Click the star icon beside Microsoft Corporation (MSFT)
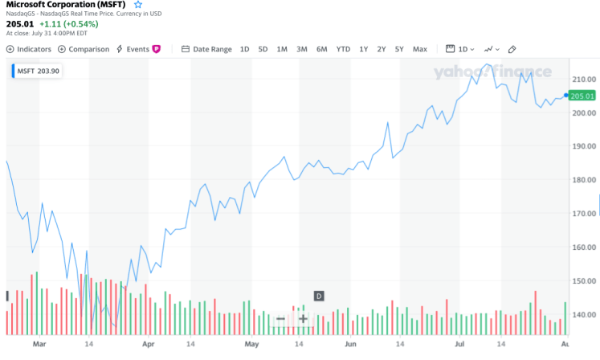tap(137, 5)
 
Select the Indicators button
tap(30, 49)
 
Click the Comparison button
tap(84, 49)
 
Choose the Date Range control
tap(206, 49)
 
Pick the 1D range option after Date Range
tap(245, 49)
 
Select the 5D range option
tap(263, 49)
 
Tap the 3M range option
tap(301, 49)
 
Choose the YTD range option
tap(343, 49)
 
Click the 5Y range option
tap(399, 49)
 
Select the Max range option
tap(420, 49)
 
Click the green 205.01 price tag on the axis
tap(582, 96)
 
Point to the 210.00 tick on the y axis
tap(584, 80)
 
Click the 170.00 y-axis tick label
tap(584, 214)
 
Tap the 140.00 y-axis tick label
tap(584, 314)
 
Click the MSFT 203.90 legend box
tap(38, 71)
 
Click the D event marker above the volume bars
tap(318, 297)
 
